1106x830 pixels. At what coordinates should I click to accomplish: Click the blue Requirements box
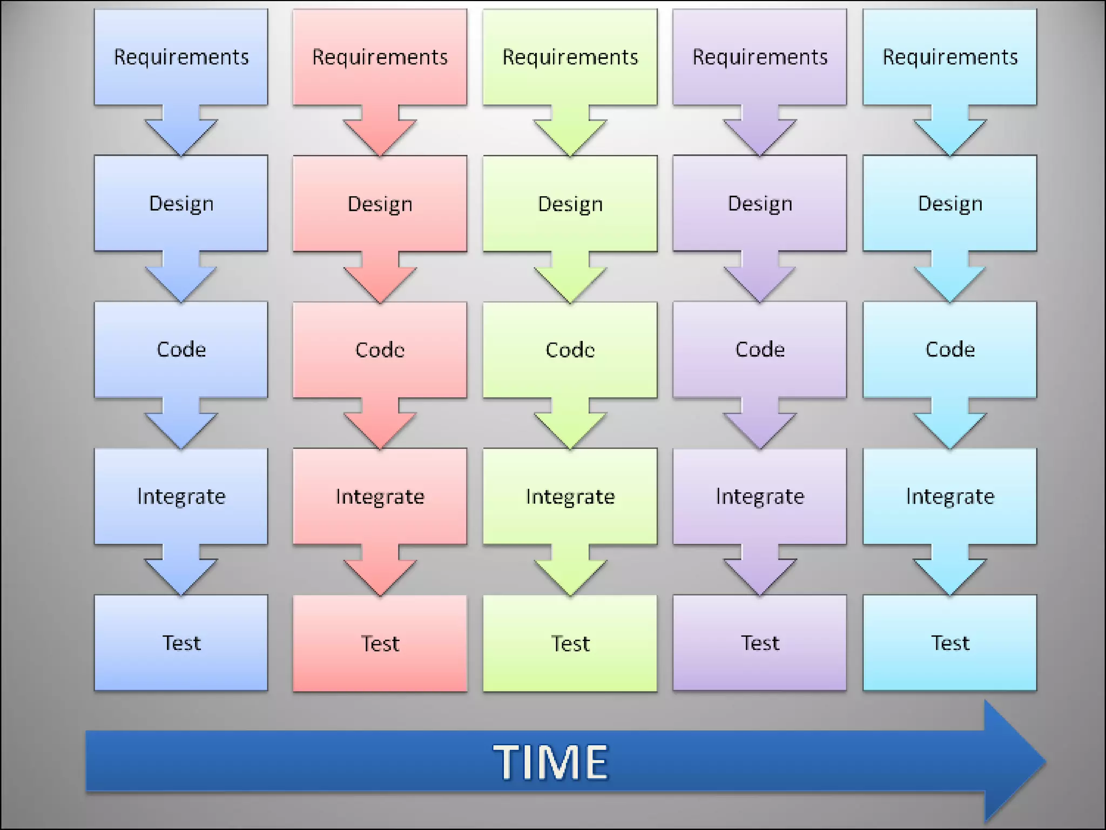pyautogui.click(x=181, y=57)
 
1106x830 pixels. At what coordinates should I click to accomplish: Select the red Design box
pyautogui.click(x=380, y=204)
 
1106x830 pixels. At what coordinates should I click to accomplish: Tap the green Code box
pyautogui.click(x=570, y=350)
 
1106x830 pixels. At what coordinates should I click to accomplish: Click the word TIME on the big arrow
pyautogui.click(x=551, y=762)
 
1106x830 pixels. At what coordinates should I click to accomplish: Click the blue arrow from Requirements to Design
pyautogui.click(x=181, y=132)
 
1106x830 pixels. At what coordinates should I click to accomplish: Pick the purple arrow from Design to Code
pyautogui.click(x=759, y=279)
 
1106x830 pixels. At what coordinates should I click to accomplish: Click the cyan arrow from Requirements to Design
pyautogui.click(x=949, y=132)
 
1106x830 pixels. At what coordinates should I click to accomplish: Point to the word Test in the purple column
pyautogui.click(x=760, y=643)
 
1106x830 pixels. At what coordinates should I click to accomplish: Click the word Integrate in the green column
pyautogui.click(x=570, y=497)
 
